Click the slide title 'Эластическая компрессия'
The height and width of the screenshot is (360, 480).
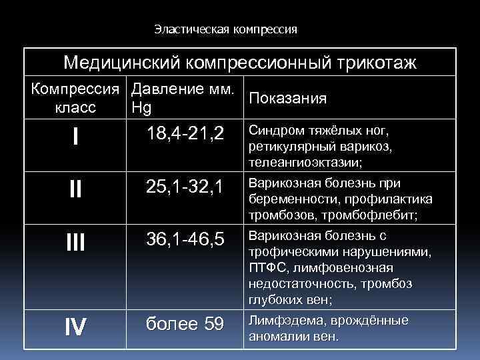[225, 29]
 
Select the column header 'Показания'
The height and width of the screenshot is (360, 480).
[287, 99]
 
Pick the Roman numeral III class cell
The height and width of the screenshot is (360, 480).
[76, 242]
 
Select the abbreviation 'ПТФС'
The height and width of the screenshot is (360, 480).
[263, 267]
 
